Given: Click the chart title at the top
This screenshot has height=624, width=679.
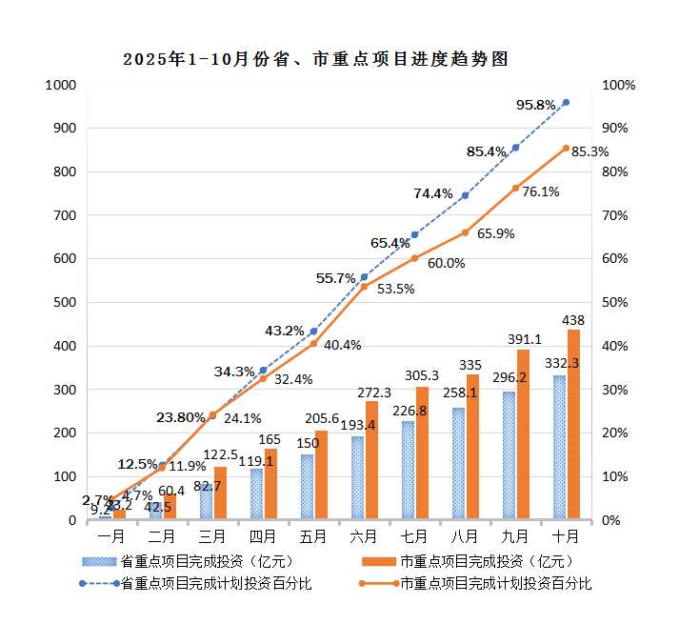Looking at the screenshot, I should coord(315,59).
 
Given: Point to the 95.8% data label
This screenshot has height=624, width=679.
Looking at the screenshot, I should coord(536,105).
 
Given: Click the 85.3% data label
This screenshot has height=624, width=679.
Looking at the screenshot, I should coord(589,151).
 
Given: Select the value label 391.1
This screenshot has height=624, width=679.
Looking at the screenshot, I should coord(524,339).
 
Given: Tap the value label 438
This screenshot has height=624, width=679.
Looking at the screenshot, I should coord(573,320).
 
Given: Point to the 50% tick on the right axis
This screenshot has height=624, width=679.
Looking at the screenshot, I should coord(620,303).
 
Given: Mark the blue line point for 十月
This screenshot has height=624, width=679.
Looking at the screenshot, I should coord(566,102).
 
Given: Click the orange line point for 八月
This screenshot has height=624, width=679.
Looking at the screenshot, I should coord(465,232).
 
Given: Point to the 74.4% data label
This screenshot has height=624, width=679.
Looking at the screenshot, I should coord(433,194).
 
